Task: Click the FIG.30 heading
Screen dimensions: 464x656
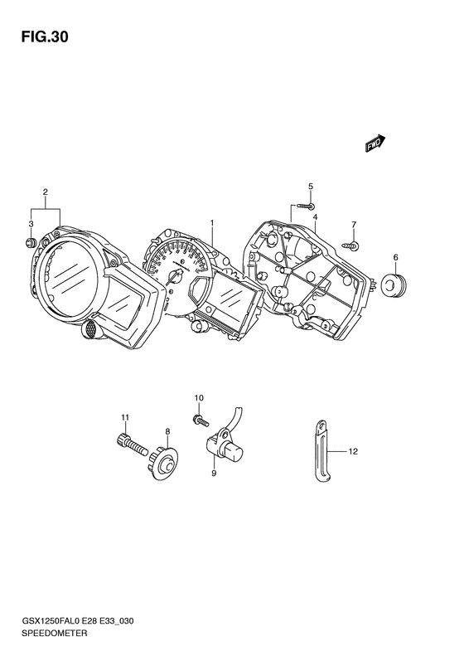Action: [44, 37]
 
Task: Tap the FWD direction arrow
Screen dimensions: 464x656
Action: [375, 143]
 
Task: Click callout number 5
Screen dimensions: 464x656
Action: [311, 186]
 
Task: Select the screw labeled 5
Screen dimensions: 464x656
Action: [306, 206]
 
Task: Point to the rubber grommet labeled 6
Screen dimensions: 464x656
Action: [394, 285]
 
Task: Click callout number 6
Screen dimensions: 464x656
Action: [395, 257]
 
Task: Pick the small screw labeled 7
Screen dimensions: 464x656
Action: [350, 245]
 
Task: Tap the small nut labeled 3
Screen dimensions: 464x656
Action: [31, 241]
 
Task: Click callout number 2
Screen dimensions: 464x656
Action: [45, 192]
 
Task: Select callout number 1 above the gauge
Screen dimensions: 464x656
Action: [212, 223]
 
